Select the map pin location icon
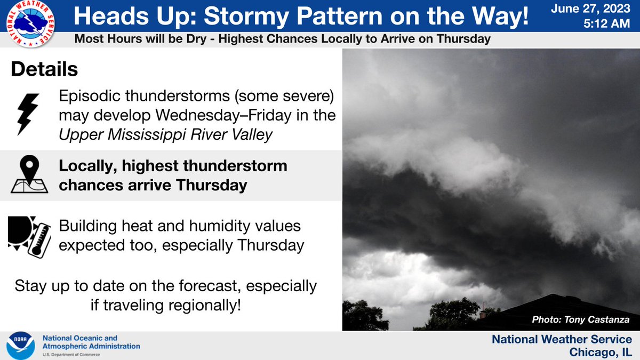coord(29,174)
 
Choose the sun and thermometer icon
coord(29,235)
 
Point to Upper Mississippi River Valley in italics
coord(166,135)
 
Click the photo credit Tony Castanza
coord(598,320)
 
